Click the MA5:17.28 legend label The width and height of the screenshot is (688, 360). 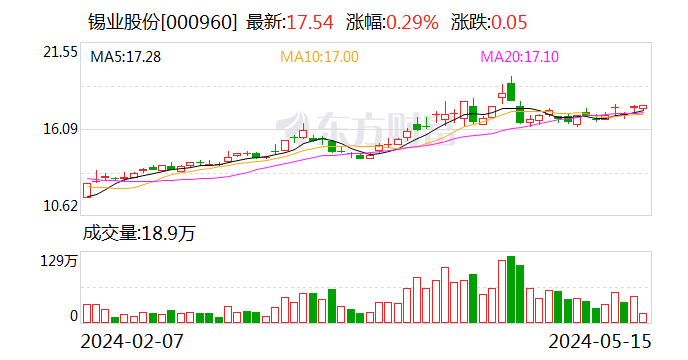point(125,57)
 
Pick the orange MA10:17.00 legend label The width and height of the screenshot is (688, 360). point(319,57)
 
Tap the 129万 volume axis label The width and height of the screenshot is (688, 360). point(59,262)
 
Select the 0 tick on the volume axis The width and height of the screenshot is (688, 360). point(73,316)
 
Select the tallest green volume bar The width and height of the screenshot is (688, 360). point(511,289)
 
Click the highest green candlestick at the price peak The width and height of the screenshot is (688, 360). point(511,91)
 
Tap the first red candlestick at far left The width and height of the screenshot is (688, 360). point(87,189)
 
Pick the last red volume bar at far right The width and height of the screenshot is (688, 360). point(643,317)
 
